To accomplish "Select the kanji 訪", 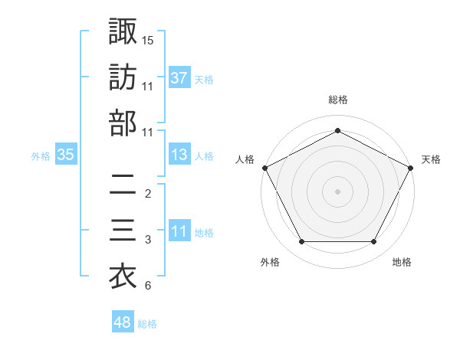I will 123,77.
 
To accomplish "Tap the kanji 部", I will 123,123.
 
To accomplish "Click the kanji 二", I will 123,185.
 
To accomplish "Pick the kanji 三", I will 123,231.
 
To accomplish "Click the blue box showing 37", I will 179,77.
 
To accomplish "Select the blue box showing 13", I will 179,155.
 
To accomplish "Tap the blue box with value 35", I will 66,155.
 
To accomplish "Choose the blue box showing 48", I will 123,322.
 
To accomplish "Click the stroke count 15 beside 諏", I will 148,40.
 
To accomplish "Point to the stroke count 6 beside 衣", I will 148,286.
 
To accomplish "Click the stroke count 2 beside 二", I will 148,194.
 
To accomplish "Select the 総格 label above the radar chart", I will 337,100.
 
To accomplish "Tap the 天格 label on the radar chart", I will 431,159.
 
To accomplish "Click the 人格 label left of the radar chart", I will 245,159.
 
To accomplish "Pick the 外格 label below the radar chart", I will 270,262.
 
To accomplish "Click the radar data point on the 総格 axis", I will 337,130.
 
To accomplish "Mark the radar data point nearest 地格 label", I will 373,242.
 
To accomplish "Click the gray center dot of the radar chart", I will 337,191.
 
